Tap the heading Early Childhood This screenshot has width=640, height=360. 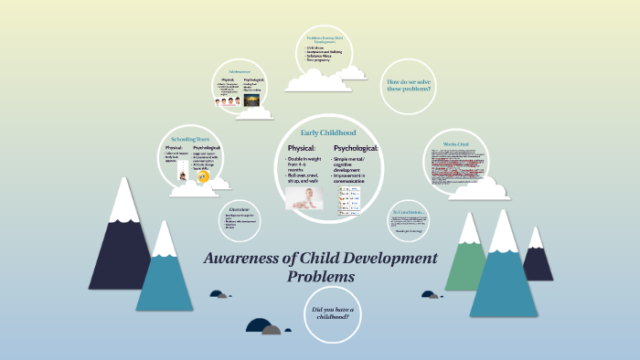[328, 132]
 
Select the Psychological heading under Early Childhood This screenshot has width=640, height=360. [356, 148]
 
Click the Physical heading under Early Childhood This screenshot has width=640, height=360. [302, 148]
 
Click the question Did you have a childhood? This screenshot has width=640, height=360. [332, 315]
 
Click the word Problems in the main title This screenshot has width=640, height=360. [320, 276]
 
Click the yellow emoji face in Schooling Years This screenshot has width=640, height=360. [204, 175]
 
